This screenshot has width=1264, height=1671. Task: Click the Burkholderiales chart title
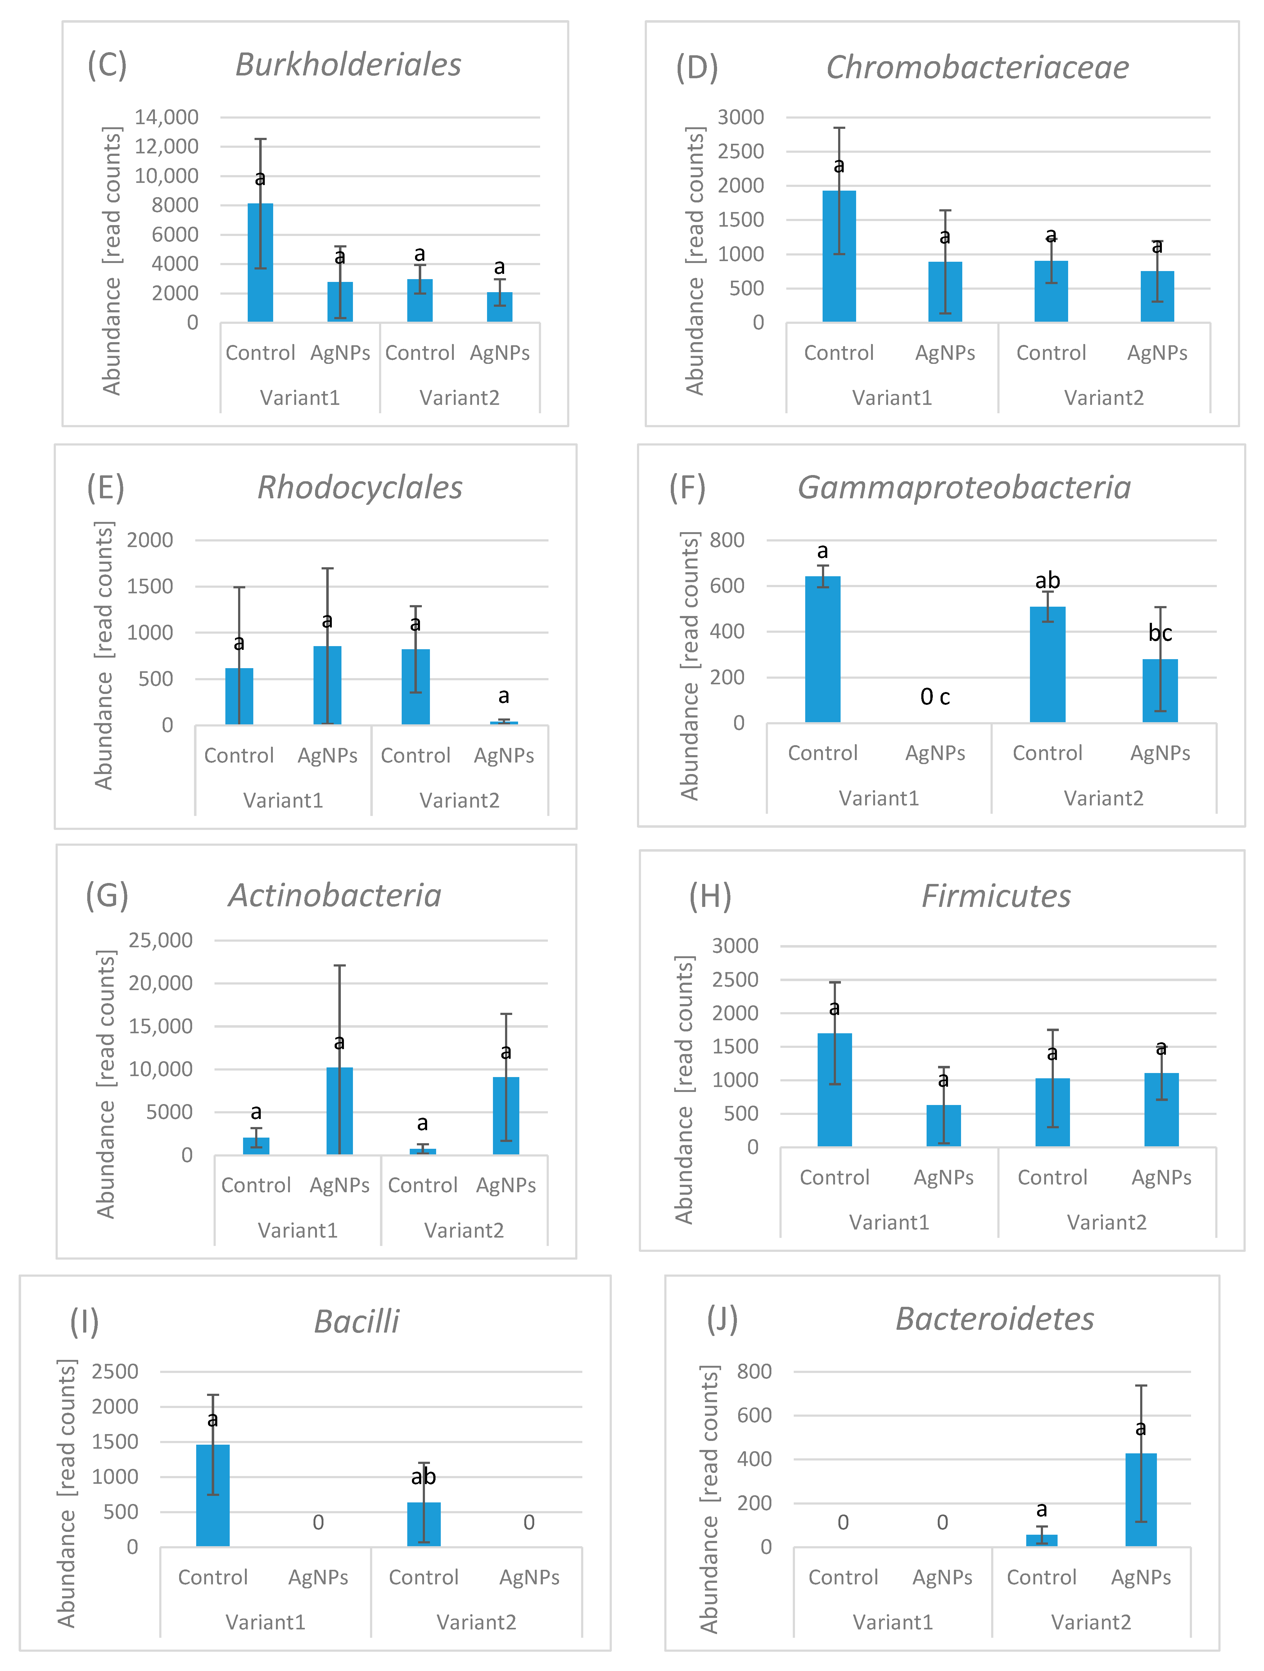tap(348, 65)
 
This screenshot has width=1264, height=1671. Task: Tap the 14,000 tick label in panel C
tap(166, 117)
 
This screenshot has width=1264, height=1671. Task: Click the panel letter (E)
tap(106, 488)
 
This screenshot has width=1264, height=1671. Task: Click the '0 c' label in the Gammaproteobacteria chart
tap(935, 696)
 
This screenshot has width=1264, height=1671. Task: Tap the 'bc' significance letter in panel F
tap(1160, 633)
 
